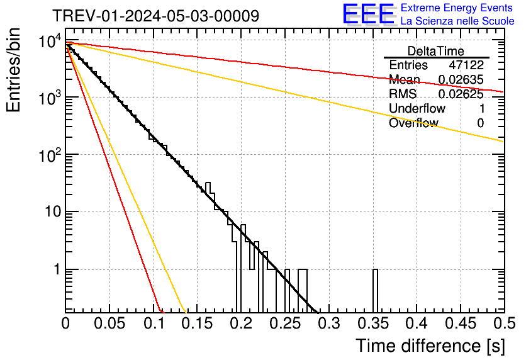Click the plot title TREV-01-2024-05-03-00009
tap(155, 16)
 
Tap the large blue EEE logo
tap(368, 14)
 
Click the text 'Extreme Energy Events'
tap(457, 8)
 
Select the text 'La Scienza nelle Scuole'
tap(457, 21)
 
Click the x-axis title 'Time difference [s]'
tap(430, 346)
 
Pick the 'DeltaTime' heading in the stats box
tap(436, 51)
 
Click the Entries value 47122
tap(466, 65)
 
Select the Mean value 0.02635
tap(461, 80)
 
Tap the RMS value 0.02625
tap(461, 94)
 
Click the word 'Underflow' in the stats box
tap(417, 108)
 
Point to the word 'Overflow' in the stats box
tap(413, 123)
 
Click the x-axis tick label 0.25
tap(285, 323)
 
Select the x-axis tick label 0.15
tap(198, 323)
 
